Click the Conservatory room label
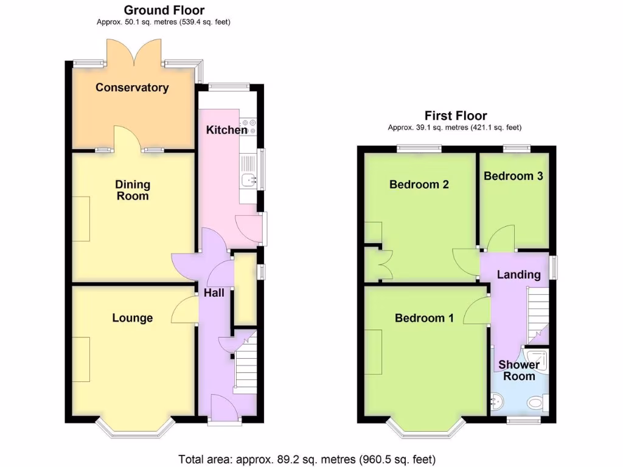132,88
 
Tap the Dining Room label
133,190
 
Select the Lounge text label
132,318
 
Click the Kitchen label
226,130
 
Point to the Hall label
214,293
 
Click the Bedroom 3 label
513,176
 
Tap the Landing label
518,275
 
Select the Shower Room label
519,370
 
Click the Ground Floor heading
164,10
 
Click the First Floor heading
455,116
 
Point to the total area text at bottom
307,459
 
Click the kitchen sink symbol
249,179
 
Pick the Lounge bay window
134,430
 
